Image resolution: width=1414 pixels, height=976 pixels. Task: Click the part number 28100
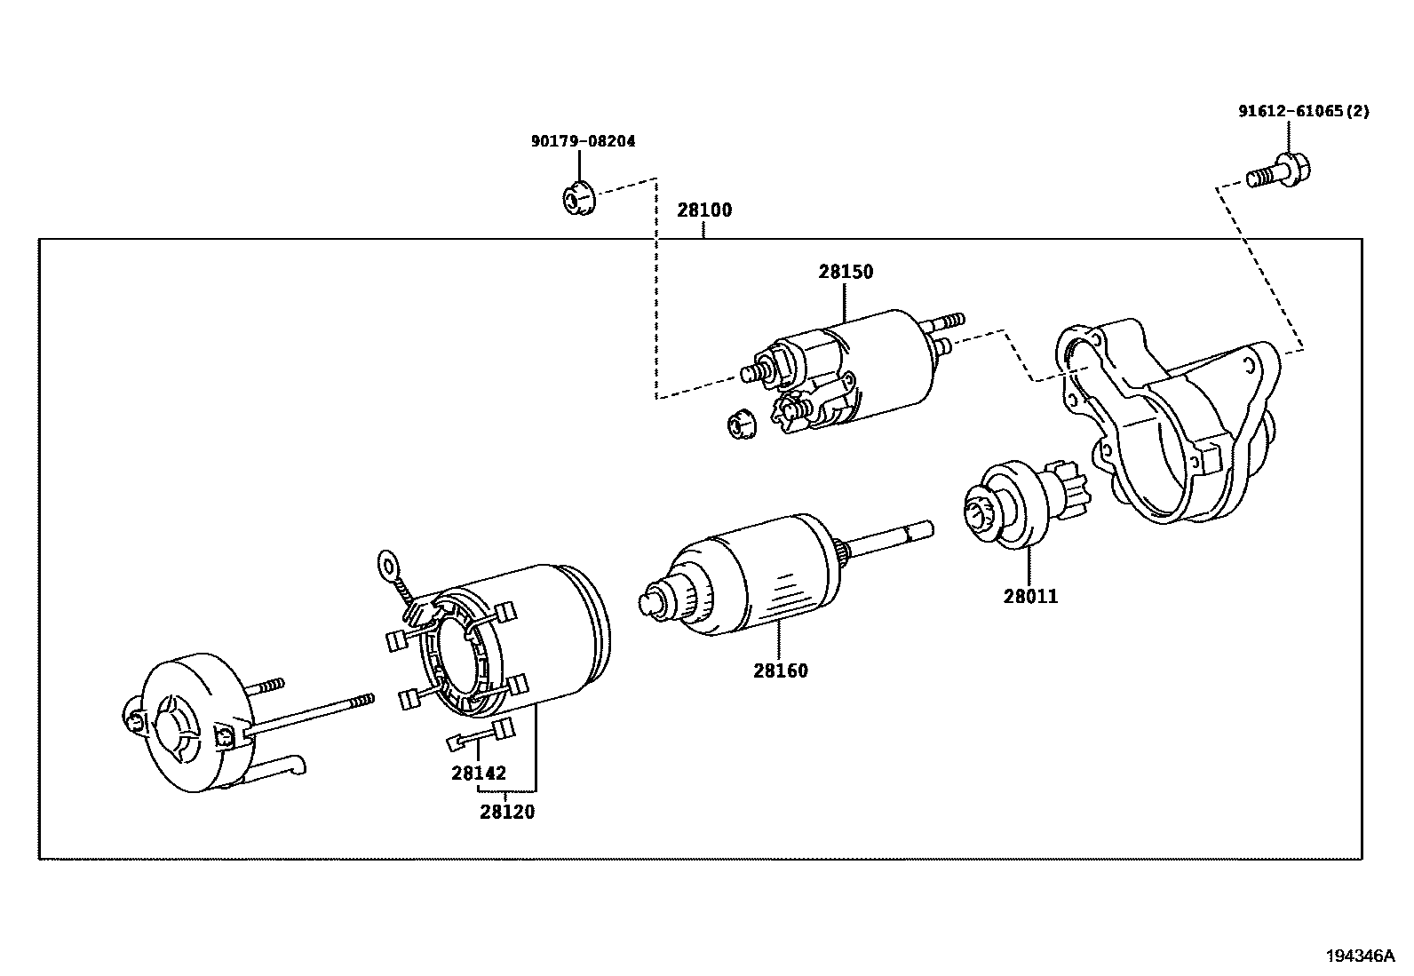click(x=703, y=210)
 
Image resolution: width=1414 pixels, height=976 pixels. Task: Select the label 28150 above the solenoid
click(x=846, y=272)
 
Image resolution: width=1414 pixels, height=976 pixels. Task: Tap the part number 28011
click(x=1030, y=597)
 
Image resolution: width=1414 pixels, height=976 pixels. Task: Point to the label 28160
click(x=781, y=671)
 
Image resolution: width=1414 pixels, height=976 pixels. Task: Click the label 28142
click(x=478, y=774)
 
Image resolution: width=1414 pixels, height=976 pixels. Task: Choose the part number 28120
click(x=507, y=812)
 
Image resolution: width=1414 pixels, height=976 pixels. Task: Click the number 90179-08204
click(x=583, y=141)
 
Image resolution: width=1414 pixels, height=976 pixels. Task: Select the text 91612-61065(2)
click(x=1304, y=112)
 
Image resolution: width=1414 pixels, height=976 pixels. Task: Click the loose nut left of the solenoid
click(x=740, y=425)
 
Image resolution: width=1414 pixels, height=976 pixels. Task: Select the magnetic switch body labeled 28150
click(x=879, y=364)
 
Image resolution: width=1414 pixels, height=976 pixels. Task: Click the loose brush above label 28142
click(x=481, y=734)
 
